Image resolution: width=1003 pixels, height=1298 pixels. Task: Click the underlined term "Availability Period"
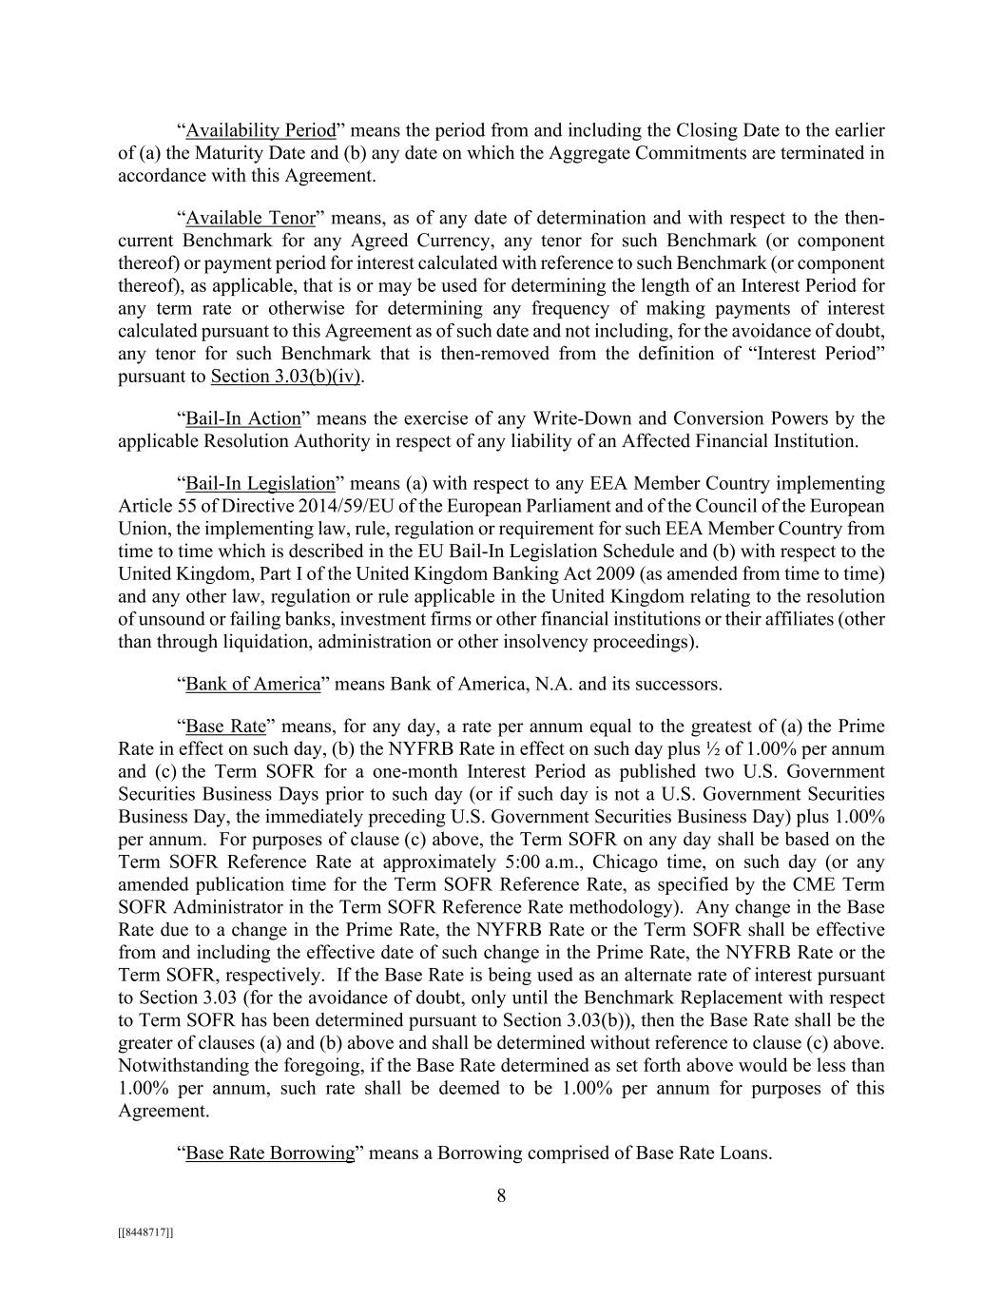click(x=260, y=130)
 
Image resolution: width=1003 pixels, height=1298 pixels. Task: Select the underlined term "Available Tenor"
click(x=250, y=218)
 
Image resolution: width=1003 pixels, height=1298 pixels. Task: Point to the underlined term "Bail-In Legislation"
click(x=260, y=483)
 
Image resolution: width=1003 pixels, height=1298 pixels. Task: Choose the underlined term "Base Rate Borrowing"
click(x=270, y=1153)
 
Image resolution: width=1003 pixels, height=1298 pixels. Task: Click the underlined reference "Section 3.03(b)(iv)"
click(x=286, y=377)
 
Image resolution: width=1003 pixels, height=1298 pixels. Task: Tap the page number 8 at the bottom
click(x=501, y=1196)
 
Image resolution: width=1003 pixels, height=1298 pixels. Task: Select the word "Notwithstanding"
click(x=179, y=1065)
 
